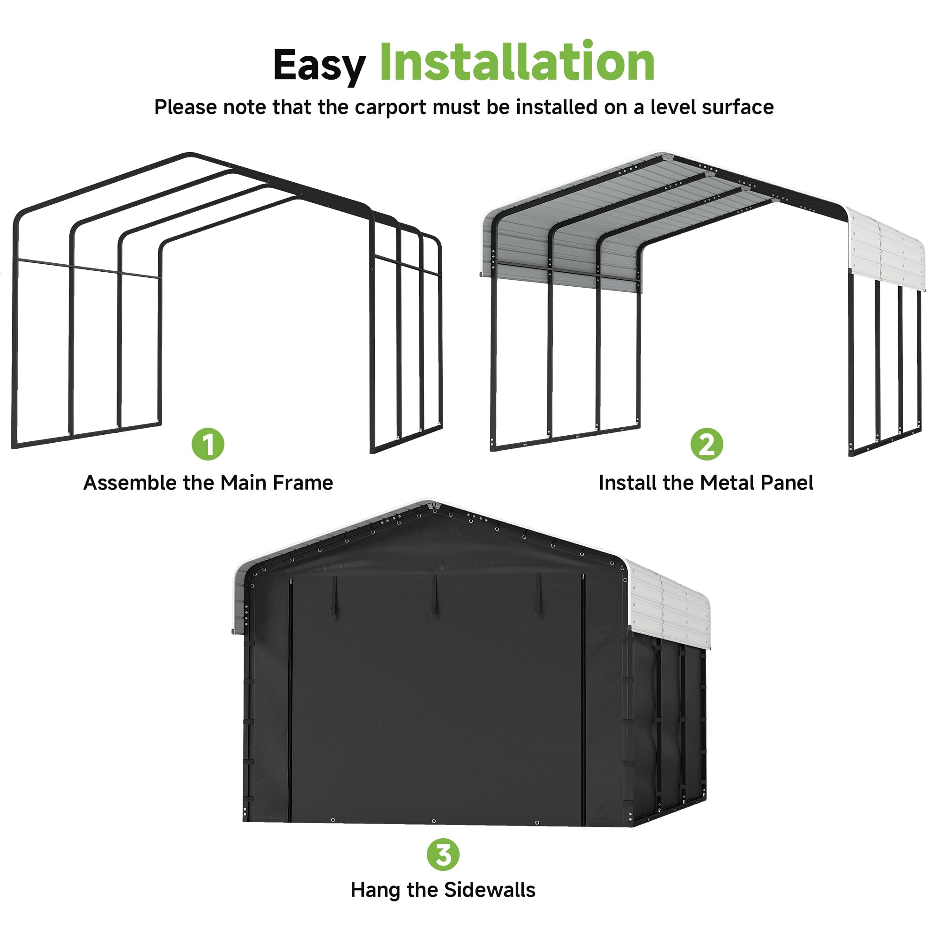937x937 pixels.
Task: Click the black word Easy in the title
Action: tap(319, 66)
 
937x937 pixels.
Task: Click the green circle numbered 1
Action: tap(208, 444)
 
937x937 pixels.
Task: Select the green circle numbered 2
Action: tap(706, 444)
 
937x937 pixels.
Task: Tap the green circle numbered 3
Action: tap(443, 855)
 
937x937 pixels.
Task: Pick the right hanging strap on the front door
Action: tap(538, 596)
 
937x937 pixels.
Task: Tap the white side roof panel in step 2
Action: tap(886, 252)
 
